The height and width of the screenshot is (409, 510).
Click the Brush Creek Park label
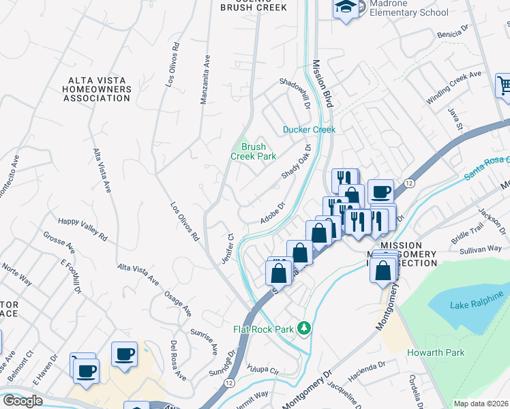[x=253, y=151]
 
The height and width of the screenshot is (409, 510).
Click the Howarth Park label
[x=436, y=352]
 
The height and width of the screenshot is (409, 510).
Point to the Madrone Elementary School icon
[x=346, y=8]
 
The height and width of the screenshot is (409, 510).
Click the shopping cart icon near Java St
[x=504, y=87]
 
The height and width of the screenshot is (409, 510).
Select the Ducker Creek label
[x=310, y=130]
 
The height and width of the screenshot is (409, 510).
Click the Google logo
[x=22, y=401]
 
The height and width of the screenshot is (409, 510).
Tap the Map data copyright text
[x=481, y=404]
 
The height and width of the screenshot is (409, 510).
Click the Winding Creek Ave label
[x=453, y=87]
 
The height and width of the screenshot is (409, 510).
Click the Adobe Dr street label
[x=272, y=213]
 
